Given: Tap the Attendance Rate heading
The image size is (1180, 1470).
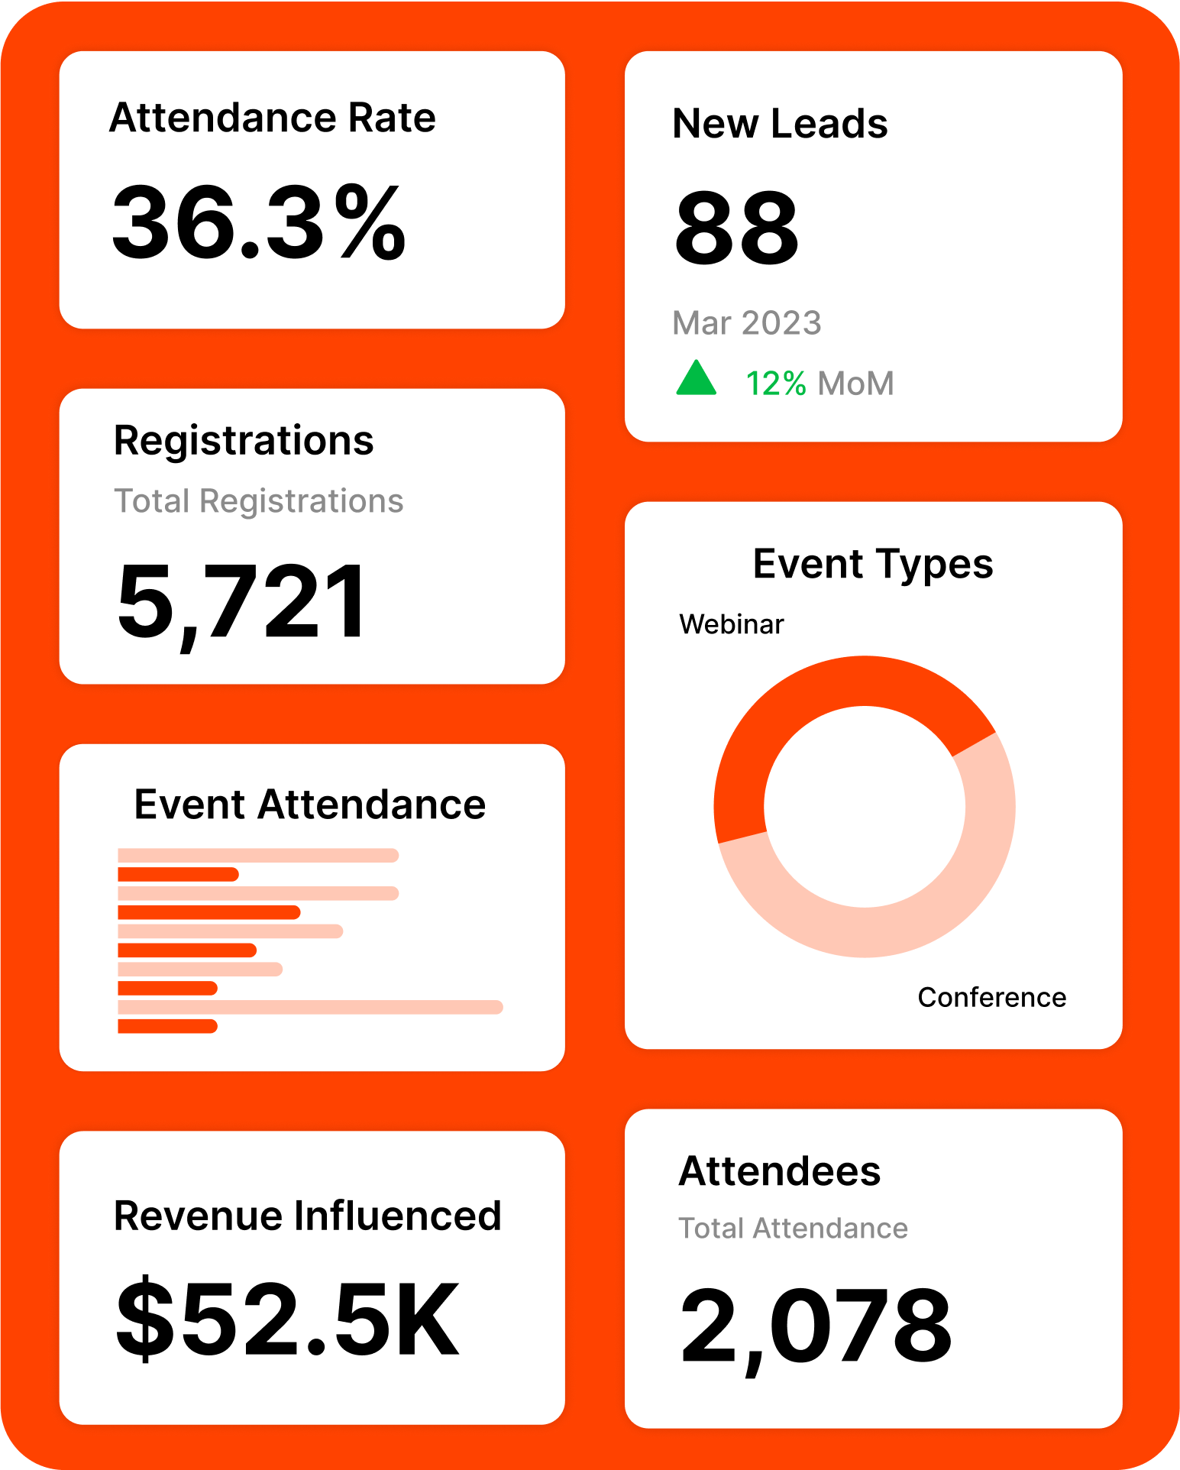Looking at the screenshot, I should pyautogui.click(x=272, y=118).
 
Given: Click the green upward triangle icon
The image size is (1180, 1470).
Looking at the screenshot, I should pyautogui.click(x=696, y=379).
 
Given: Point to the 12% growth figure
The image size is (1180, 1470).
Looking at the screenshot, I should pyautogui.click(x=775, y=384).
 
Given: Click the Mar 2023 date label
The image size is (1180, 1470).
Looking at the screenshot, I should pyautogui.click(x=746, y=323).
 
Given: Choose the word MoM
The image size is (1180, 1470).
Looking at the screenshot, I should pyautogui.click(x=855, y=384).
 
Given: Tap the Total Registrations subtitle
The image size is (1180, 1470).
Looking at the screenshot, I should pyautogui.click(x=258, y=501).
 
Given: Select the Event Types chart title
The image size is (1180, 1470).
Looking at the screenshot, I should pyautogui.click(x=873, y=564).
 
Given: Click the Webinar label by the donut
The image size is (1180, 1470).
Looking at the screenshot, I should pyautogui.click(x=731, y=624).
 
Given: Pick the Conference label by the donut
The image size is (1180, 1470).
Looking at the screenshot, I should pyautogui.click(x=991, y=997).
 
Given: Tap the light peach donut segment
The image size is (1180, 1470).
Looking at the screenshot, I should pyautogui.click(x=917, y=917).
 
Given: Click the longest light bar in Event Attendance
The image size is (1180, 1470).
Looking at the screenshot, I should pyautogui.click(x=309, y=1007).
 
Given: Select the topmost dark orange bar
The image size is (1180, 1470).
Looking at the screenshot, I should pyautogui.click(x=178, y=874).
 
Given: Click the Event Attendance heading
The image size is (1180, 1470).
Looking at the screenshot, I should pyautogui.click(x=309, y=805).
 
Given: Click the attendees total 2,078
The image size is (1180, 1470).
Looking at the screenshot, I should pyautogui.click(x=815, y=1326).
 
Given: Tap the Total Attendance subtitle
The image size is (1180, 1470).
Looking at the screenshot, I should pyautogui.click(x=793, y=1229).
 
